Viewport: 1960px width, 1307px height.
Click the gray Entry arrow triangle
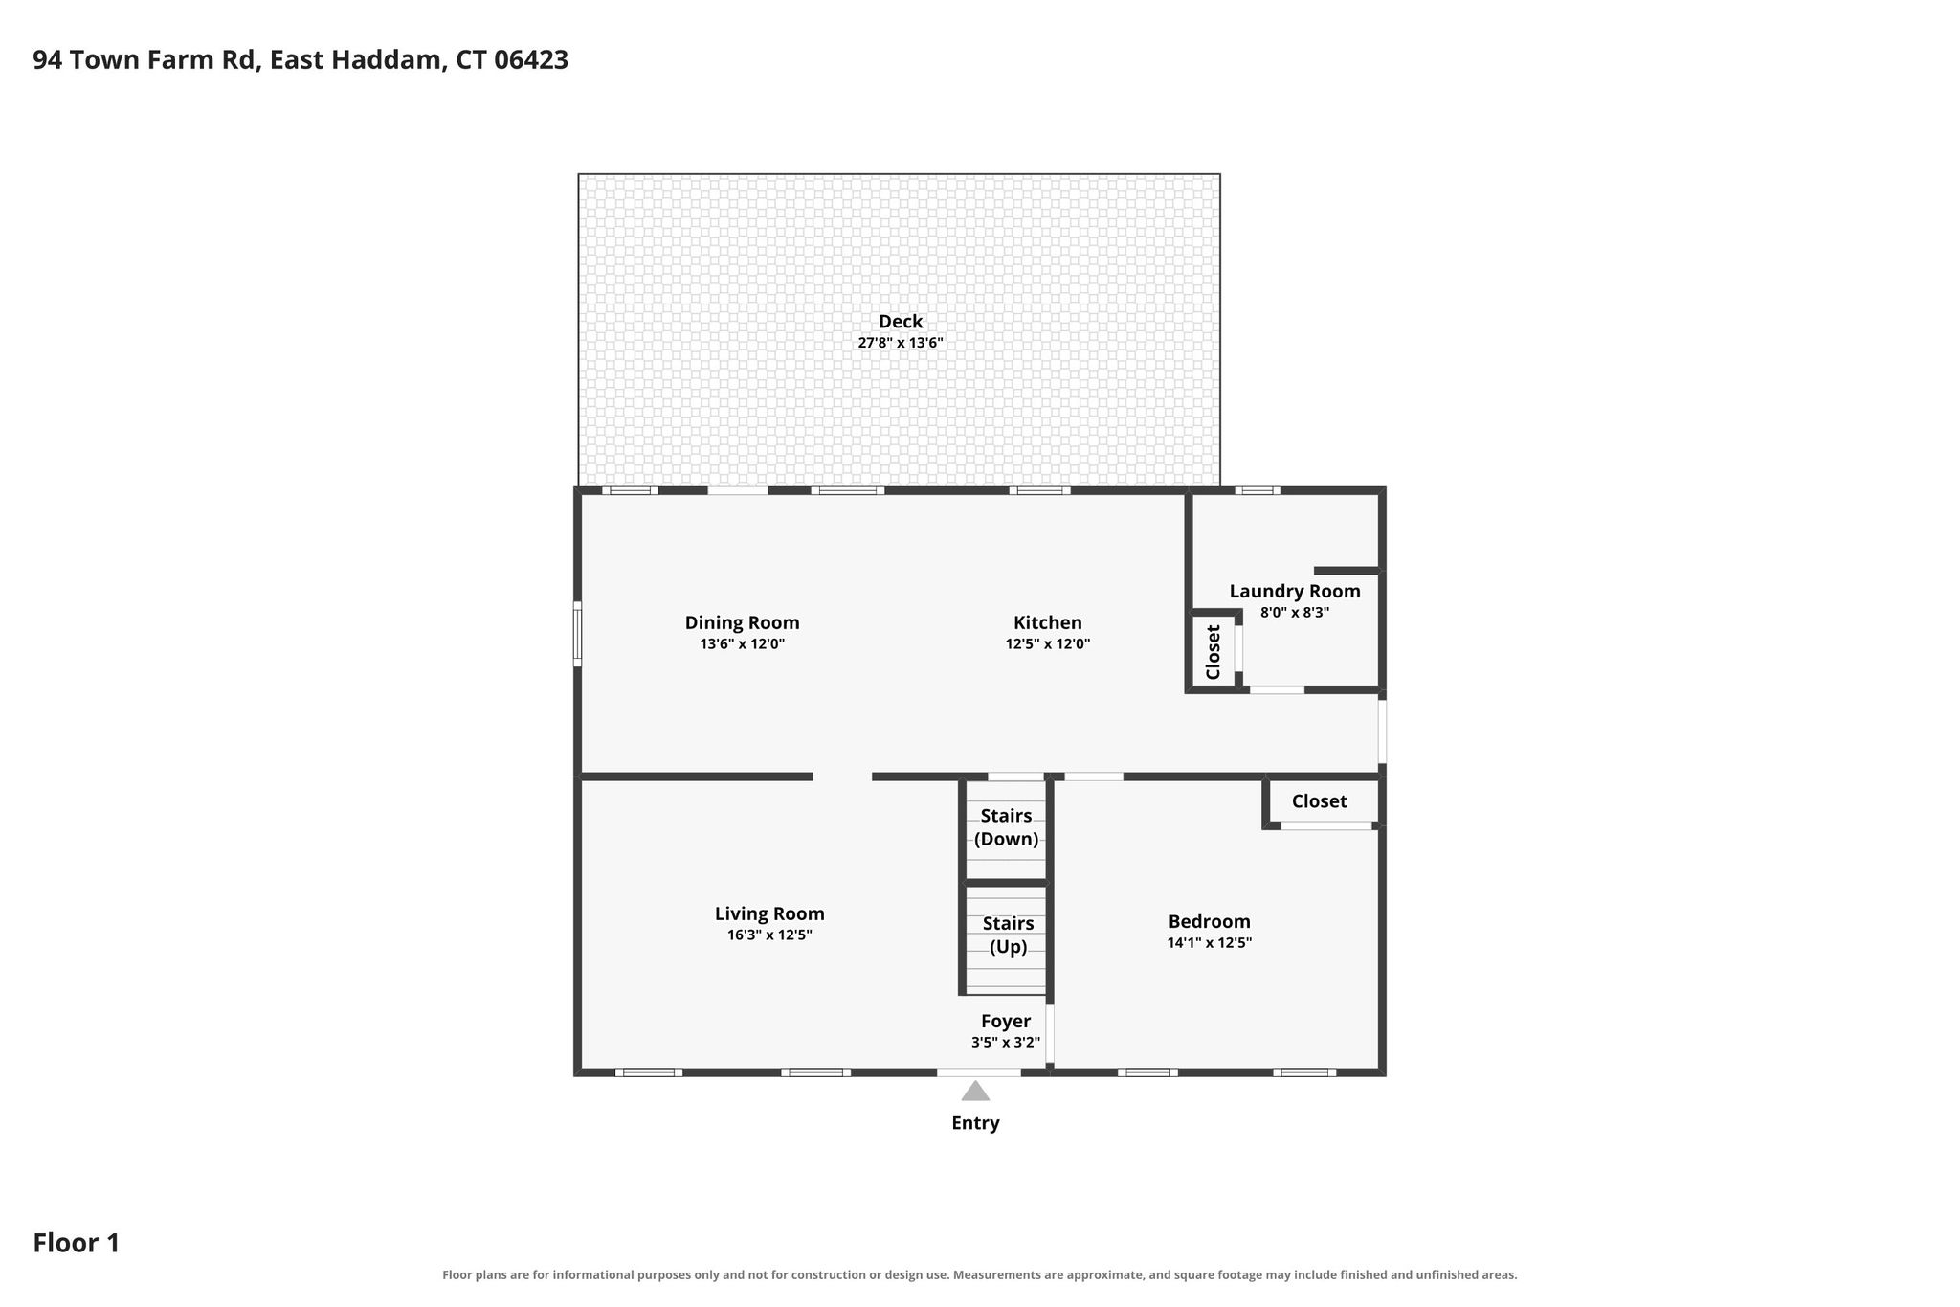[975, 1092]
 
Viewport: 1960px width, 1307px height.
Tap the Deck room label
[901, 322]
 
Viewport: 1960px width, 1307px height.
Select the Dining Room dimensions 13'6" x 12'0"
[743, 644]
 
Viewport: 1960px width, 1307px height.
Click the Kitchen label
[1048, 622]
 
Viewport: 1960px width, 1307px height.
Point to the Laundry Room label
[1295, 592]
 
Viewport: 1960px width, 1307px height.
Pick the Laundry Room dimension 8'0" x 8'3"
[1295, 613]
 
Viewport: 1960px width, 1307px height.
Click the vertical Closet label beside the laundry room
[1214, 652]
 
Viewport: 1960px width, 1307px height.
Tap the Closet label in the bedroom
[1320, 801]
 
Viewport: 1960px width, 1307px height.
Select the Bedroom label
[1210, 921]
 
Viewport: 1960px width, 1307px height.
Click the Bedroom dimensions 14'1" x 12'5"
[1210, 943]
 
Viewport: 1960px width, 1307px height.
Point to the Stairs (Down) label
[1007, 827]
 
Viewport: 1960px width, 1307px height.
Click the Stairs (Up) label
[1009, 935]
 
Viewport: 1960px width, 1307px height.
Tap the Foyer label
[1006, 1022]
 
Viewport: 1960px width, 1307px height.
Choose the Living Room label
[769, 913]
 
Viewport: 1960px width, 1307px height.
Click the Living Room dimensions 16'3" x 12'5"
[769, 935]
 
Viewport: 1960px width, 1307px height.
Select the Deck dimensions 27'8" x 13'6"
[901, 343]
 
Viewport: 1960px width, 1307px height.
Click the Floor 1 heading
[77, 1244]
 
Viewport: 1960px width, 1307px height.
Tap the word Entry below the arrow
[975, 1123]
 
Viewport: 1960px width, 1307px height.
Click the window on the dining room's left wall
[577, 633]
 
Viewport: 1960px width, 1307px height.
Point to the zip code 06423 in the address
[531, 60]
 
